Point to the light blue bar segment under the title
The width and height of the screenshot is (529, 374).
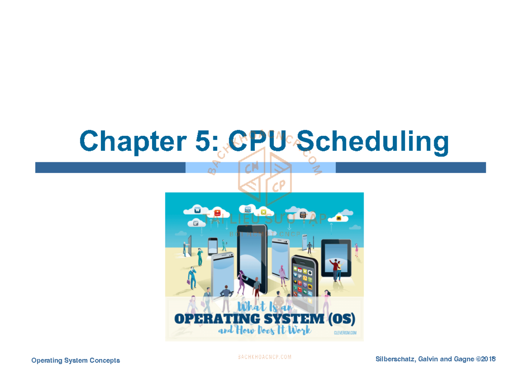[x=260, y=168]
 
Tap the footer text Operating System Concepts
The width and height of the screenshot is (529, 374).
[x=75, y=360]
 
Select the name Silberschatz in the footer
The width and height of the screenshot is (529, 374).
[x=395, y=359]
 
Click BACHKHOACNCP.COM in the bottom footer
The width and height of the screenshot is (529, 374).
[x=264, y=357]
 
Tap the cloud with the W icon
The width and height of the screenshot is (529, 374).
[x=197, y=210]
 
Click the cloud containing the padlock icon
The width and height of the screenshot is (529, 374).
[x=303, y=215]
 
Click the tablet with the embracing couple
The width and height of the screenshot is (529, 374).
[x=336, y=258]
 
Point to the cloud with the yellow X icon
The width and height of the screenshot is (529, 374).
[x=263, y=212]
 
